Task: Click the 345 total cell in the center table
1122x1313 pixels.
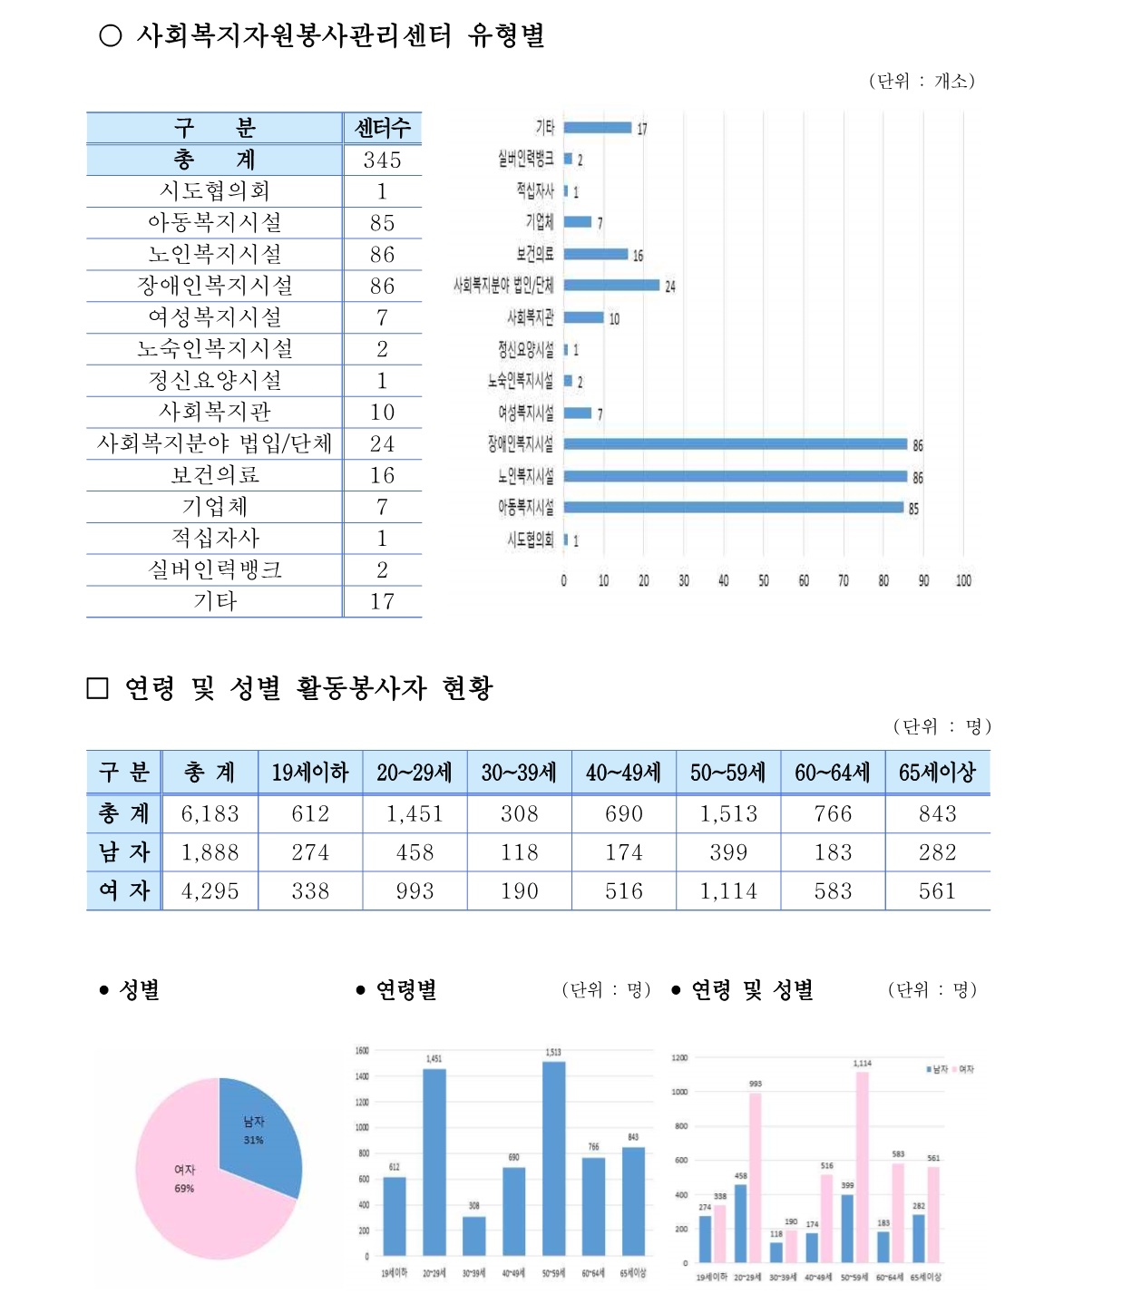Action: coord(382,160)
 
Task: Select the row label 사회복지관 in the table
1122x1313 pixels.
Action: coord(215,413)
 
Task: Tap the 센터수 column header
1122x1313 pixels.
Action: coord(382,128)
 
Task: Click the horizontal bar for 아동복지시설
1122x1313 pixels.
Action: coord(733,508)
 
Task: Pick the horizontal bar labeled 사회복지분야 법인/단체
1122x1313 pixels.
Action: coord(611,285)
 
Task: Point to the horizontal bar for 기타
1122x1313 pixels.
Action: coord(597,128)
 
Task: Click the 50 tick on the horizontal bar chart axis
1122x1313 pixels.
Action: coord(764,580)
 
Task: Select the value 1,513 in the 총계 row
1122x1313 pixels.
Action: coord(728,814)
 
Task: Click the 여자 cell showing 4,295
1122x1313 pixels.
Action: coord(210,891)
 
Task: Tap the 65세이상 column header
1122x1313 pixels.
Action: coord(937,773)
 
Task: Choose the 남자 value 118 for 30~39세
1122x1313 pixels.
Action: coord(520,853)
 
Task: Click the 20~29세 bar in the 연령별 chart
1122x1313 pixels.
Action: coord(434,1161)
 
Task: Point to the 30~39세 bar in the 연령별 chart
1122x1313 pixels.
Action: coord(473,1235)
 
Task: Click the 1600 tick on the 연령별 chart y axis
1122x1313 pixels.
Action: coord(362,1051)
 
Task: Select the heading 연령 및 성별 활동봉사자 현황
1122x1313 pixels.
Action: coord(308,688)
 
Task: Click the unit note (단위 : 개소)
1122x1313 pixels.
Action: coord(922,81)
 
